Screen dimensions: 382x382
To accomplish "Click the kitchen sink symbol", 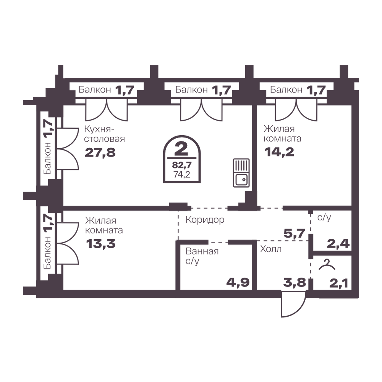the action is coord(241,173).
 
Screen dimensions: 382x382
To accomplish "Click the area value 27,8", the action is coord(100,153).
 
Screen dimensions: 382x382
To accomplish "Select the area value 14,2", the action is coord(279,152).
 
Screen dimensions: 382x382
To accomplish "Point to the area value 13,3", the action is coord(100,244).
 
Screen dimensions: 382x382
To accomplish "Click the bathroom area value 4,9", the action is coord(238,282).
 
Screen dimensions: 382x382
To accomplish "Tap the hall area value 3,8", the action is coord(294,283).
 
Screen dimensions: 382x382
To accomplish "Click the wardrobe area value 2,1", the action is coord(338,283).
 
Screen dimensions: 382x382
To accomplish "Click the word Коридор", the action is coord(205,220).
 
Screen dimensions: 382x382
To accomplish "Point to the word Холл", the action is coord(271,249).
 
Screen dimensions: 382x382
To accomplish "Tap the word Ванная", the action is coord(202,251).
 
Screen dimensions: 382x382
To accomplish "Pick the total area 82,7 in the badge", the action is coord(182,165).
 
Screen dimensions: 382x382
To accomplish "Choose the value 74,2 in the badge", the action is coord(182,175).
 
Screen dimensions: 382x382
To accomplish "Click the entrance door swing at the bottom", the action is coord(293,304).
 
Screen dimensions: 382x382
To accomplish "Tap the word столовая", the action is coord(105,139).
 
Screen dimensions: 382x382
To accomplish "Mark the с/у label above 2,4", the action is coord(324,217).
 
